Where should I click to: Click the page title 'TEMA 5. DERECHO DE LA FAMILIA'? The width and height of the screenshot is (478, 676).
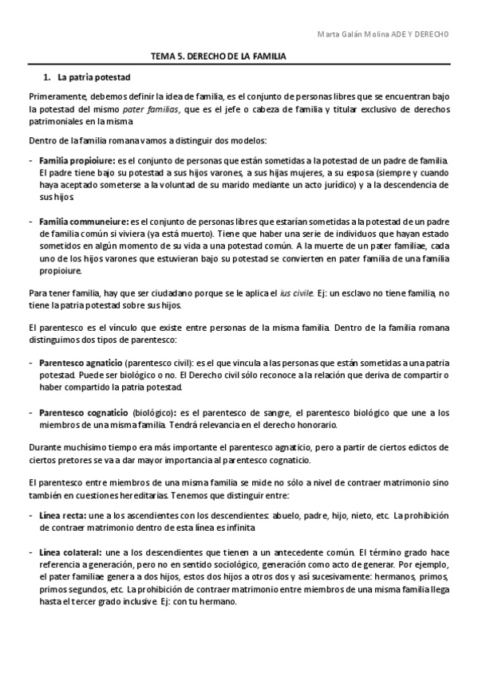[x=218, y=57]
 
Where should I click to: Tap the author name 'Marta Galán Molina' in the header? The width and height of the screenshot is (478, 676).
[x=352, y=35]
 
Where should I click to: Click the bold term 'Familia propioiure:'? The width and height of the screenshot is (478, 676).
[x=77, y=160]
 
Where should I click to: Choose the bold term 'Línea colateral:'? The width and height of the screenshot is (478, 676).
[x=70, y=552]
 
